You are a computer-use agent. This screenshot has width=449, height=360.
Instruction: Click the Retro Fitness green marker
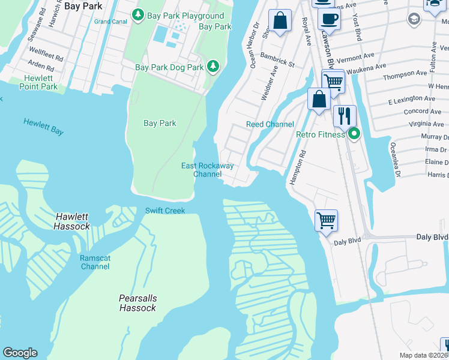[x=354, y=134]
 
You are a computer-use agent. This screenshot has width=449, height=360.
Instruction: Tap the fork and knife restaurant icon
[x=344, y=115]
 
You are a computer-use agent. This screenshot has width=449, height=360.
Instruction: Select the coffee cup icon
[x=329, y=19]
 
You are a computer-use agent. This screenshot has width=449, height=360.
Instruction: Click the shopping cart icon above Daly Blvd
[x=326, y=220]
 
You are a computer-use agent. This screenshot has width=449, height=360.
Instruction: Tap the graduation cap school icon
[x=414, y=19]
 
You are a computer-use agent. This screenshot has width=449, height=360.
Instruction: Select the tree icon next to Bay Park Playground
[x=138, y=13]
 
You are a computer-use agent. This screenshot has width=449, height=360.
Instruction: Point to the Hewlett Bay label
[x=43, y=126]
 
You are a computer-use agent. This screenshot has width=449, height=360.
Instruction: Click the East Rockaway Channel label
[x=207, y=170]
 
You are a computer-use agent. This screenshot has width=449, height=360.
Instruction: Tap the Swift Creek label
[x=165, y=211]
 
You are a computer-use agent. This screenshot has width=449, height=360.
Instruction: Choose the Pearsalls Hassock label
[x=137, y=303]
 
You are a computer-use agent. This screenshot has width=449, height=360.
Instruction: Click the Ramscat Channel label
[x=95, y=262]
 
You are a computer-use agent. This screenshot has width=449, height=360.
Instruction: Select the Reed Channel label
[x=270, y=124]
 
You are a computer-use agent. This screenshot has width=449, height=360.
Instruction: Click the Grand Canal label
[x=109, y=22]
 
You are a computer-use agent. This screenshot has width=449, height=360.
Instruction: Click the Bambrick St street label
[x=277, y=59]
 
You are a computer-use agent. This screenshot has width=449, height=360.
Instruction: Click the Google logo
[x=20, y=353]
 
